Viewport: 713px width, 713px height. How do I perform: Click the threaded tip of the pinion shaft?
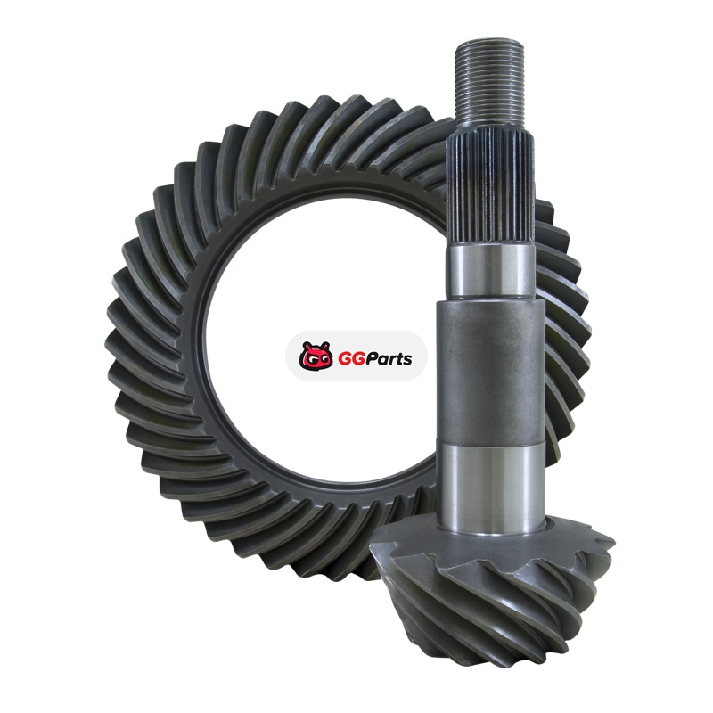[x=489, y=81]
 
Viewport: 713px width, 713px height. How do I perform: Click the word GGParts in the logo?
[x=375, y=359]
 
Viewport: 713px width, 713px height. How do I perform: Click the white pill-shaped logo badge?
[x=356, y=356]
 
